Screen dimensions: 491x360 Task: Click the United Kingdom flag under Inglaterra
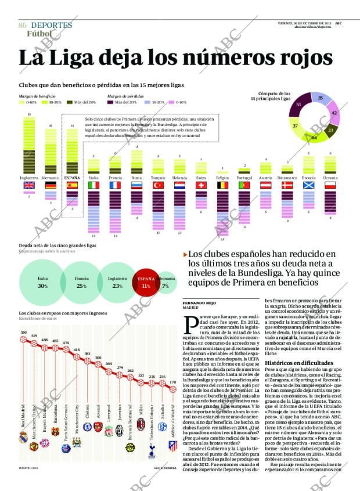(x=28, y=186)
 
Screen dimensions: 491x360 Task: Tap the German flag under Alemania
(x=51, y=186)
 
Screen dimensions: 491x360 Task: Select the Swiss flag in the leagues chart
(x=201, y=186)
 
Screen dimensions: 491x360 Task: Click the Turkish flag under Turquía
(x=158, y=186)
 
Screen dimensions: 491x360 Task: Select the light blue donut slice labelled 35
(x=320, y=99)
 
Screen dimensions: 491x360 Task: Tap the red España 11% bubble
(x=146, y=283)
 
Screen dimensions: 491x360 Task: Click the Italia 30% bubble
(x=42, y=283)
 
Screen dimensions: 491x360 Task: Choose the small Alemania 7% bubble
(x=165, y=283)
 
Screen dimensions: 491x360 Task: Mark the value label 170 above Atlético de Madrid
(x=172, y=382)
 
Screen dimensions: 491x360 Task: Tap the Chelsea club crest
(x=87, y=427)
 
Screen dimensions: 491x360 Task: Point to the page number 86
(x=23, y=26)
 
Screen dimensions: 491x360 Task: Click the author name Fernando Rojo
(x=200, y=303)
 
